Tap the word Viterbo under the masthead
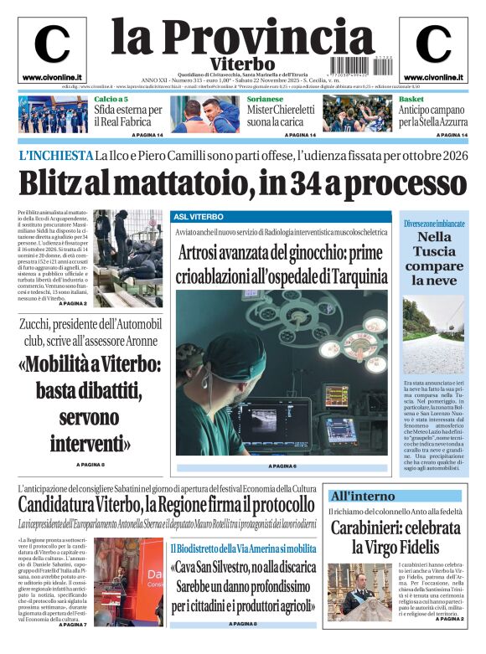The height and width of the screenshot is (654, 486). pyautogui.click(x=242, y=64)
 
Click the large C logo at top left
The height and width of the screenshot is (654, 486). pyautogui.click(x=52, y=44)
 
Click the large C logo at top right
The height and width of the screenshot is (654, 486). pyautogui.click(x=433, y=44)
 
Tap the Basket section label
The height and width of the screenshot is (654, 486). pyautogui.click(x=411, y=99)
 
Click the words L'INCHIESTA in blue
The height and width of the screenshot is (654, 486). pyautogui.click(x=54, y=156)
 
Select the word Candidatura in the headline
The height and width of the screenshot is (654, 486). pyautogui.click(x=70, y=505)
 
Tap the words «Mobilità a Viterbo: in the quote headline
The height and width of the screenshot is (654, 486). pyautogui.click(x=91, y=364)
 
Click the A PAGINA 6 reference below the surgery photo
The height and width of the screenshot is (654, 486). pyautogui.click(x=282, y=466)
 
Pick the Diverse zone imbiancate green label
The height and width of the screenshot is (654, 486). pyautogui.click(x=433, y=224)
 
